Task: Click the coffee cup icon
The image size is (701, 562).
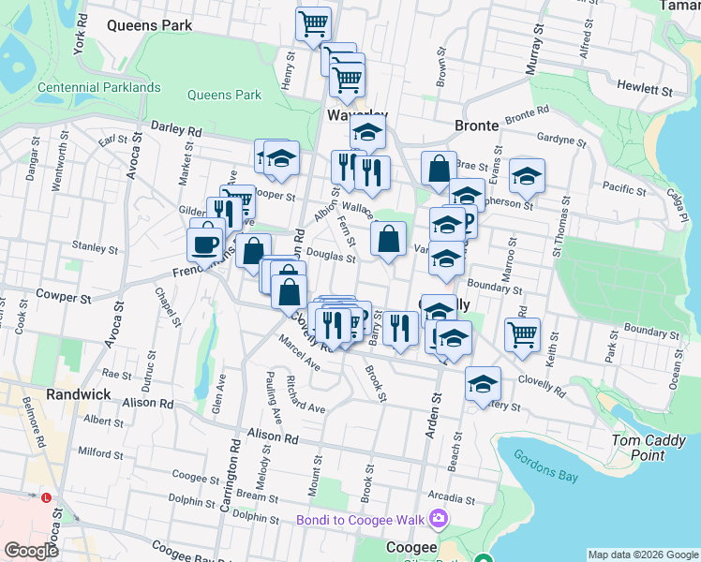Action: [205, 245]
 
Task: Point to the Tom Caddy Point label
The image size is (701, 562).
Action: [637, 448]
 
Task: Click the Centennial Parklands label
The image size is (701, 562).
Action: [98, 88]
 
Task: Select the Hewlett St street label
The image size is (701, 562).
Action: [645, 90]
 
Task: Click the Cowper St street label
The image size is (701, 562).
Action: [62, 297]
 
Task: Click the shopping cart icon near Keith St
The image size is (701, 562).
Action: [522, 334]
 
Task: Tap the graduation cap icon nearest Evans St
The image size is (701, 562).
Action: [528, 176]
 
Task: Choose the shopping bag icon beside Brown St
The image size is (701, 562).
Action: [439, 170]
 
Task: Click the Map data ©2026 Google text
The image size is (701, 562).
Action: [643, 554]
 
